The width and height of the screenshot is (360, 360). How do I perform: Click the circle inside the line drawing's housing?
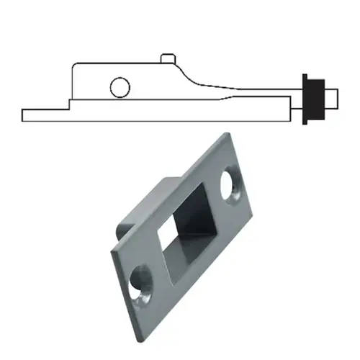click(120, 88)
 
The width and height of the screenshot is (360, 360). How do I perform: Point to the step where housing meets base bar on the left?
click(69, 104)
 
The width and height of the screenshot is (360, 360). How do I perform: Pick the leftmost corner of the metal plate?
click(110, 251)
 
